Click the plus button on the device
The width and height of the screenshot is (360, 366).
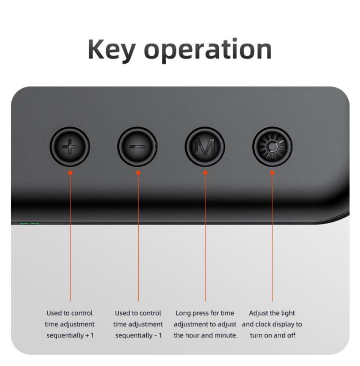pyautogui.click(x=70, y=147)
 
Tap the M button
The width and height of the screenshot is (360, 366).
pyautogui.click(x=205, y=147)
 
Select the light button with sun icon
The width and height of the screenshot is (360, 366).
pyautogui.click(x=272, y=147)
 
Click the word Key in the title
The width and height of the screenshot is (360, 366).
pyautogui.click(x=112, y=50)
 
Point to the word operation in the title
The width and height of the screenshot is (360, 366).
pyautogui.click(x=208, y=50)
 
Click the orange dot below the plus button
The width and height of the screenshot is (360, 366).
pyautogui.click(x=70, y=173)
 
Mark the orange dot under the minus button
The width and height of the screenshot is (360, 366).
pyautogui.click(x=138, y=173)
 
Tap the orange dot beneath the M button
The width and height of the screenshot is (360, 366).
pyautogui.click(x=205, y=173)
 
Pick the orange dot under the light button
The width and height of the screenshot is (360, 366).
pyautogui.click(x=272, y=173)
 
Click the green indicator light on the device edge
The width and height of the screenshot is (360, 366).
pyautogui.click(x=29, y=224)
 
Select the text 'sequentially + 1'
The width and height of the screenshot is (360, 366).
pyautogui.click(x=70, y=335)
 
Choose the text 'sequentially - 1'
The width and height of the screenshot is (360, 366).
pyautogui.click(x=138, y=335)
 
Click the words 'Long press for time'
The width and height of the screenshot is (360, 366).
pyautogui.click(x=205, y=313)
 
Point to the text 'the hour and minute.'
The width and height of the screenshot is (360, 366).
pyautogui.click(x=206, y=335)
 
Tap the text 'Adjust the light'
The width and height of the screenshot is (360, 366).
pyautogui.click(x=272, y=313)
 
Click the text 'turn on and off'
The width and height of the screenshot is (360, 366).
pyautogui.click(x=273, y=335)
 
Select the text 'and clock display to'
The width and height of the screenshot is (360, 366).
pyautogui.click(x=272, y=324)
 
